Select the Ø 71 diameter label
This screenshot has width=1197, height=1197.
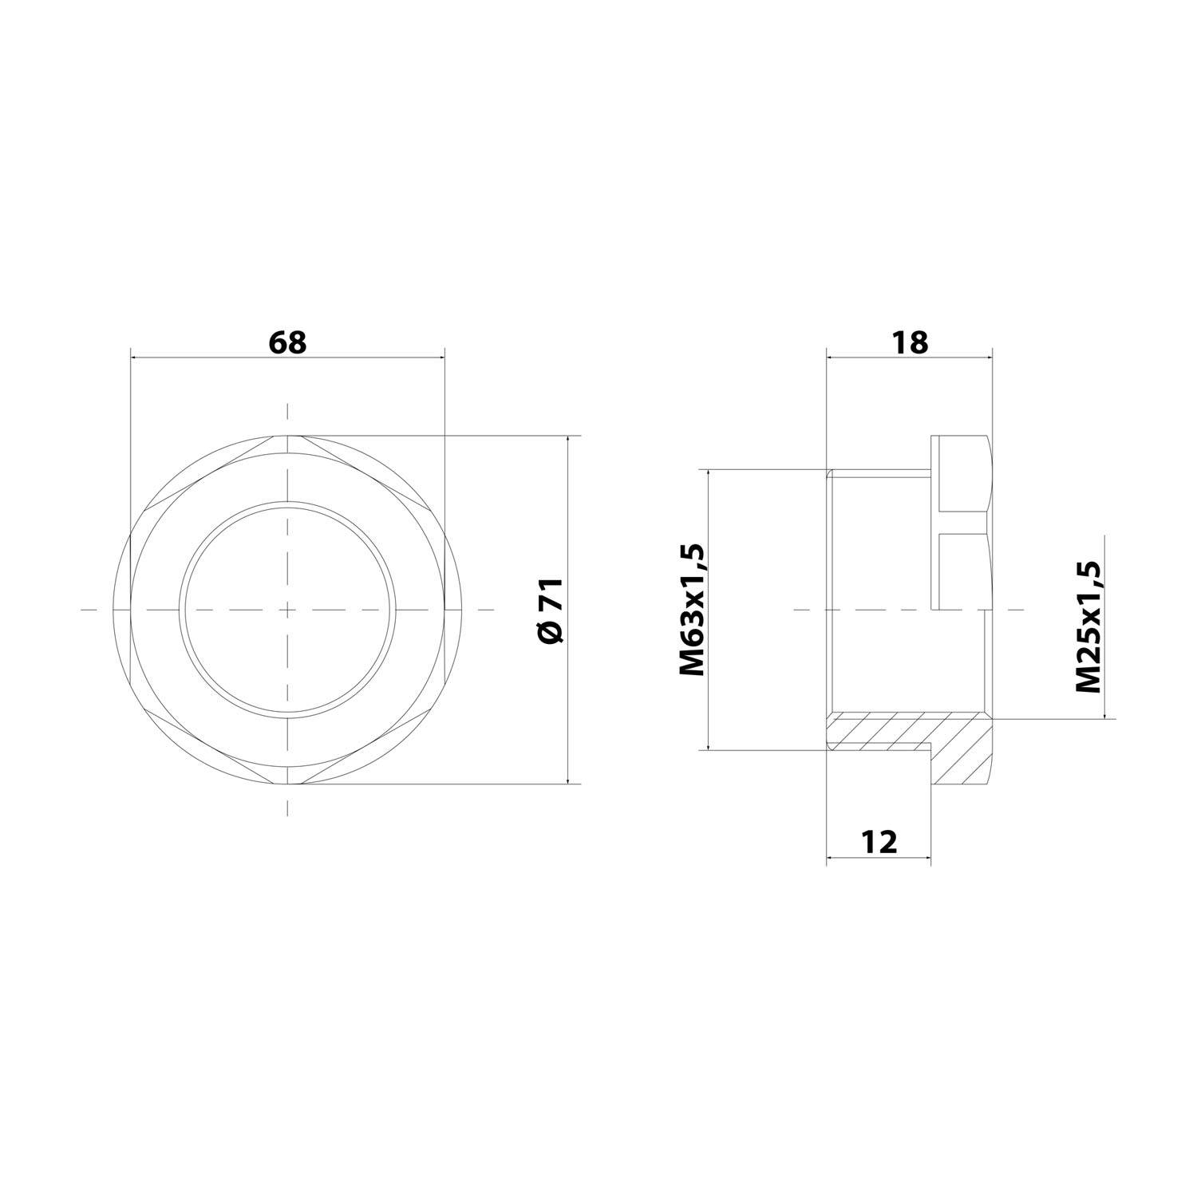point(551,610)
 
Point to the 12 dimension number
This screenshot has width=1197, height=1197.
point(879,842)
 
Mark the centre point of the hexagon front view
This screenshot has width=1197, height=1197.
point(287,610)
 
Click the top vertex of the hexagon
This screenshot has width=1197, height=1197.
point(287,436)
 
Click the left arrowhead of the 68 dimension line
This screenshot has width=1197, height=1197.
point(133,358)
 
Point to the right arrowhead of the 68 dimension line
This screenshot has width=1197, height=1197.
point(440,358)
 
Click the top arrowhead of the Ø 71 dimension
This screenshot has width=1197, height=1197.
point(569,440)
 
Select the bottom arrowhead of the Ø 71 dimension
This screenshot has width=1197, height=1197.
point(569,780)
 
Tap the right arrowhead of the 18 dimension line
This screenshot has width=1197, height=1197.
point(987,358)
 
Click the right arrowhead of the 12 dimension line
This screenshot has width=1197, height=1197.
point(926,859)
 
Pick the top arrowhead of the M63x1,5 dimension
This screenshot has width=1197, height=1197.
point(709,473)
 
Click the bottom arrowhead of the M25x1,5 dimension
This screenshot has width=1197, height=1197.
point(1104,714)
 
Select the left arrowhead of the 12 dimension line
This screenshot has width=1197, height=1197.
point(831,859)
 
